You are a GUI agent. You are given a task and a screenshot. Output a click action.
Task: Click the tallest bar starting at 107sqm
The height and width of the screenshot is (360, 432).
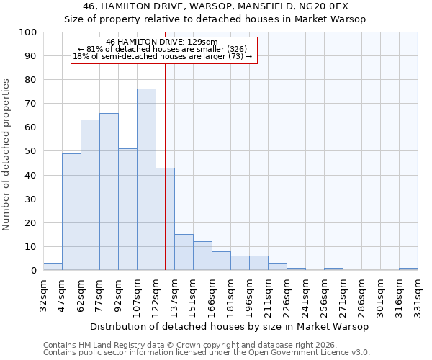146,179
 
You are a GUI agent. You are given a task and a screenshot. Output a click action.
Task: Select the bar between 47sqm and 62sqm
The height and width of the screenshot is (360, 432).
71,212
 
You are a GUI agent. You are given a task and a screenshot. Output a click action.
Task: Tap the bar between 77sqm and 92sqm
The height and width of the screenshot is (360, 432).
109,192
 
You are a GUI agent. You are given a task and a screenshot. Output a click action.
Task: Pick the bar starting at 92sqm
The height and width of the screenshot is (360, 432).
127,210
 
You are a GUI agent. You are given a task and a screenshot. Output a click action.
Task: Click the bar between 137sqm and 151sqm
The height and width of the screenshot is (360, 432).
184,252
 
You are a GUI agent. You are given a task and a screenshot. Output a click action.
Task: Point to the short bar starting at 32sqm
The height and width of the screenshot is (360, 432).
53,266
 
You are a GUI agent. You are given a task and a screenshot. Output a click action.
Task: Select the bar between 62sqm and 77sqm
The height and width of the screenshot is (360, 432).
90,195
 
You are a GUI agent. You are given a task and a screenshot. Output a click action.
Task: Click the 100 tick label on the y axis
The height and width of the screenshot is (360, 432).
29,32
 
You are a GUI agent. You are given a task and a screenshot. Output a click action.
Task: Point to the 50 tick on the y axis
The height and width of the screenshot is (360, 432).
31,151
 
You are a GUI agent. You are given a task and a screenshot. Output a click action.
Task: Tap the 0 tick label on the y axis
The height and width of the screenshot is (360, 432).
34,271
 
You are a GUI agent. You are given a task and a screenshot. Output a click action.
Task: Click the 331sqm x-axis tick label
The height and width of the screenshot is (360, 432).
418,295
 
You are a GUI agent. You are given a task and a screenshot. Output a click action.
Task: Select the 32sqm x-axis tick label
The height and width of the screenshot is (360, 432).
43,295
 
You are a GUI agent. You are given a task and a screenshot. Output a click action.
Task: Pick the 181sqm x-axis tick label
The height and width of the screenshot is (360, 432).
230,295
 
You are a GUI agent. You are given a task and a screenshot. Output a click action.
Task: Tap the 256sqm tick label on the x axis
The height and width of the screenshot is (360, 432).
324,295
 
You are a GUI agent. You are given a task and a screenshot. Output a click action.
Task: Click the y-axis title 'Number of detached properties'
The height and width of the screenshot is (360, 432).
7,155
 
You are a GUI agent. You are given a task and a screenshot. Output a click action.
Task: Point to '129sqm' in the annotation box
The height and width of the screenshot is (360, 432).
202,42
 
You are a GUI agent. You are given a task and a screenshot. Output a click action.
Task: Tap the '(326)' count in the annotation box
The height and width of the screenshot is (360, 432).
237,49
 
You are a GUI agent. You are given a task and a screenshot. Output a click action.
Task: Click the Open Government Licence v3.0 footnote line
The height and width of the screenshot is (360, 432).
207,353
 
